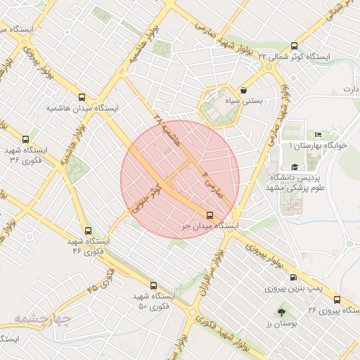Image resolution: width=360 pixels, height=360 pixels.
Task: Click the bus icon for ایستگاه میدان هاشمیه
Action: tap(82, 98)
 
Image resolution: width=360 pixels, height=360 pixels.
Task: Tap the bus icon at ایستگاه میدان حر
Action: tap(209, 215)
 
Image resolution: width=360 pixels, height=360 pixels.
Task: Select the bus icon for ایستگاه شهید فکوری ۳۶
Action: tap(26, 139)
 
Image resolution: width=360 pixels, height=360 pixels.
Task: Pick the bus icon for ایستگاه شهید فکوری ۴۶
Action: tap(88, 231)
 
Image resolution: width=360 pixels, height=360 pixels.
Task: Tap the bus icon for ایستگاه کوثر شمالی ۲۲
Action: tap(267, 65)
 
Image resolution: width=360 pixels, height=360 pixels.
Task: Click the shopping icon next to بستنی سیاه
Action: tap(243, 91)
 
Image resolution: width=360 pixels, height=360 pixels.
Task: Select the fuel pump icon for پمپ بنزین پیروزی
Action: tap(292, 278)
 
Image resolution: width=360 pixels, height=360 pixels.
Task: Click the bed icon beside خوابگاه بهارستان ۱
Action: tap(319, 134)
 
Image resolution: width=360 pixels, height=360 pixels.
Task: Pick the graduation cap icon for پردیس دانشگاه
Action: tap(295, 167)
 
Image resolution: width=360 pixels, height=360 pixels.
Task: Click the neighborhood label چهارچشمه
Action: tap(43, 320)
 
